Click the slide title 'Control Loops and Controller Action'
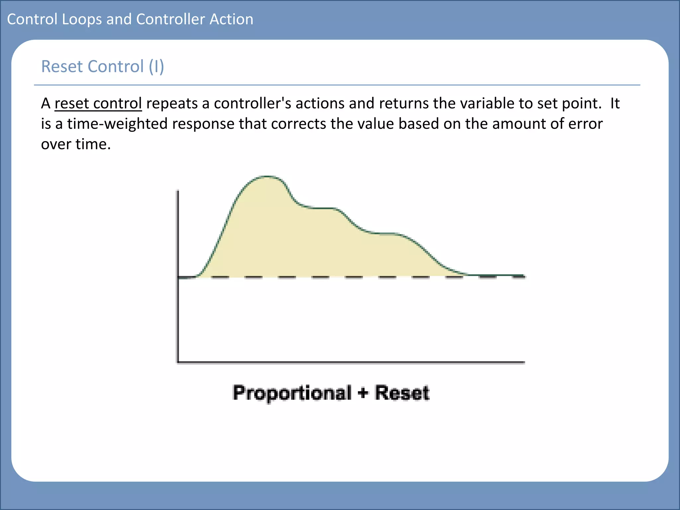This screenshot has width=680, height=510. point(130,19)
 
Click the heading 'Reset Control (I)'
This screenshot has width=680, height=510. point(102,66)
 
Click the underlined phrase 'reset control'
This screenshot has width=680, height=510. point(98,103)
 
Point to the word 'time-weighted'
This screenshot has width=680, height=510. point(118,124)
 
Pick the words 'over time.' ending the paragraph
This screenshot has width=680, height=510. point(76,144)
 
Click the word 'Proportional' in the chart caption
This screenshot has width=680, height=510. point(292,393)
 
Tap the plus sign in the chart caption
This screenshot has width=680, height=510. point(363,393)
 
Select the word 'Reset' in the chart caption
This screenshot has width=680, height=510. point(402,393)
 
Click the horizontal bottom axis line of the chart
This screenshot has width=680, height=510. point(352,362)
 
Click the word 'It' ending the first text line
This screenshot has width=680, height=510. point(615,103)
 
